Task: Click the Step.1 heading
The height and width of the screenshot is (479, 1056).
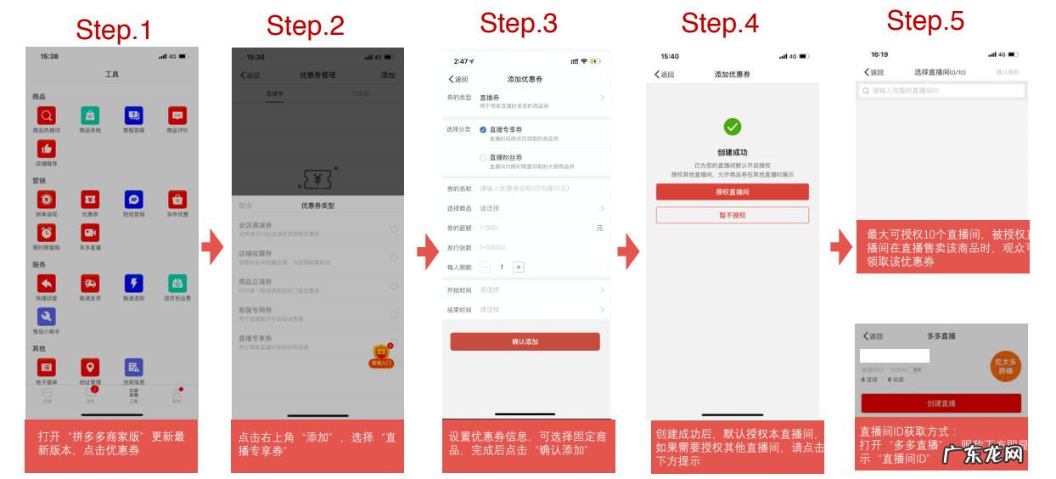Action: tap(113, 30)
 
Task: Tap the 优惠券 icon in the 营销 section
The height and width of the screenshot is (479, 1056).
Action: tap(90, 200)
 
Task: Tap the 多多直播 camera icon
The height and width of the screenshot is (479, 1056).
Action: tap(90, 233)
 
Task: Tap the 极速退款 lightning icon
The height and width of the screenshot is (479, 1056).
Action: tap(133, 284)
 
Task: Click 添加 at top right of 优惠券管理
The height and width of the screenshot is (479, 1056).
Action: tap(388, 76)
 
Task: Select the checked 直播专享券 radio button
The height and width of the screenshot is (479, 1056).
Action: tap(483, 130)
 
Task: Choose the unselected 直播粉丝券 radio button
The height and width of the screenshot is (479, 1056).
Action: tap(483, 158)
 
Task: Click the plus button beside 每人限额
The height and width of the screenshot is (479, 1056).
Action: tap(519, 267)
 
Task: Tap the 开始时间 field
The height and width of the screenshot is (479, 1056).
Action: tap(525, 290)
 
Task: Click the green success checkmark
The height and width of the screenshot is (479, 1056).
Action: tap(732, 127)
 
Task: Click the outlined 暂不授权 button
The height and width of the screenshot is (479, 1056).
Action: tap(732, 216)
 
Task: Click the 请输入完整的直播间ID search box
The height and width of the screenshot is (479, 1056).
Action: tap(942, 91)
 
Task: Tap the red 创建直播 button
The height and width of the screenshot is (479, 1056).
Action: tap(941, 403)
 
